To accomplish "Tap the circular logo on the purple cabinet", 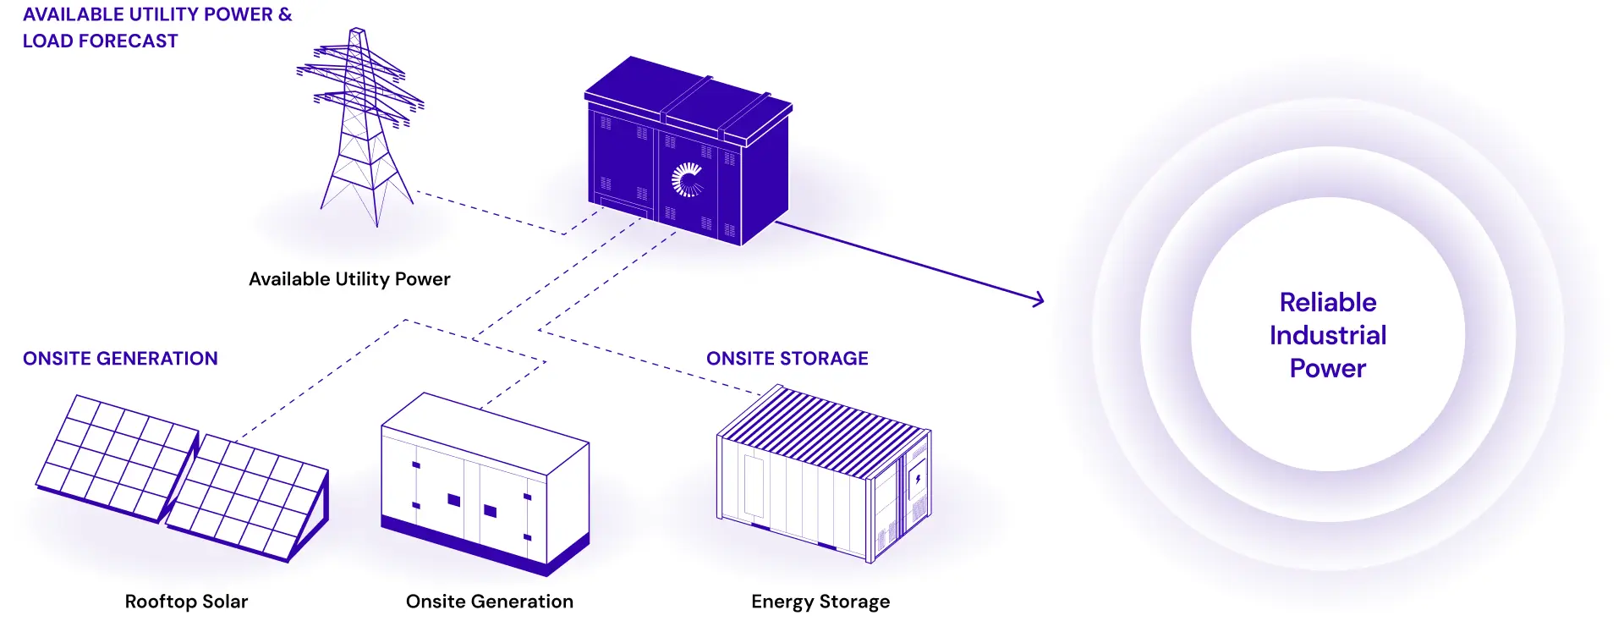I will pyautogui.click(x=688, y=179).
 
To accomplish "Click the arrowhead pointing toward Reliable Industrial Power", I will pyautogui.click(x=1039, y=299).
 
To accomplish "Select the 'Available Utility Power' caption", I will pyautogui.click(x=349, y=279).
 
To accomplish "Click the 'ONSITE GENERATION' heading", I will pyautogui.click(x=120, y=359).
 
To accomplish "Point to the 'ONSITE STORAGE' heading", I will pyautogui.click(x=787, y=359).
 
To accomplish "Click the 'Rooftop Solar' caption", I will pyautogui.click(x=186, y=602).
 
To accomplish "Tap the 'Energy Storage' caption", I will pyautogui.click(x=820, y=602).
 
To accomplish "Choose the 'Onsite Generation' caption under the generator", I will pyautogui.click(x=489, y=602).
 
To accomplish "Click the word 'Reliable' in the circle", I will pyautogui.click(x=1327, y=302).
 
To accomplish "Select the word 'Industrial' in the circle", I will pyautogui.click(x=1327, y=335).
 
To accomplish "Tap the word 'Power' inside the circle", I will pyautogui.click(x=1327, y=368).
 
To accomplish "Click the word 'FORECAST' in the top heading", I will pyautogui.click(x=137, y=41).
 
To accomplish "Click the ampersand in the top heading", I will pyautogui.click(x=285, y=14).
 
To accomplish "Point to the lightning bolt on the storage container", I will pyautogui.click(x=918, y=480).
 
